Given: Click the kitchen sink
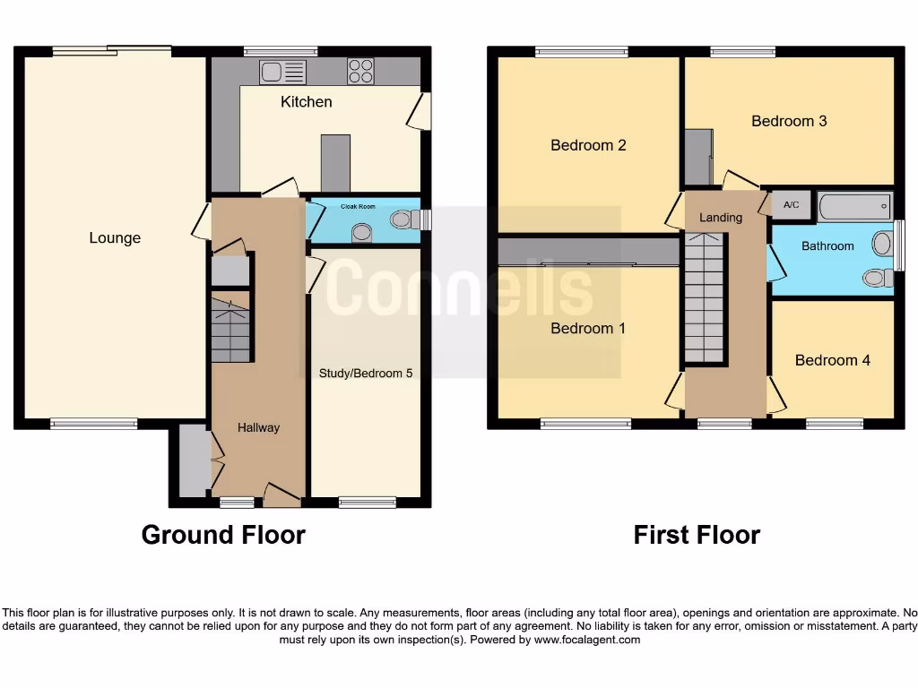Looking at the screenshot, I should click(x=282, y=72).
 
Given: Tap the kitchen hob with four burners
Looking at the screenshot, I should click(x=360, y=71).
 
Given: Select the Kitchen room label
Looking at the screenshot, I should click(x=307, y=102).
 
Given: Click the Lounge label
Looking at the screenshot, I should click(x=115, y=238).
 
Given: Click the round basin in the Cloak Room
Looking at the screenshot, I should click(x=362, y=233).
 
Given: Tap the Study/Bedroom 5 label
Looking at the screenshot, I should click(x=366, y=373).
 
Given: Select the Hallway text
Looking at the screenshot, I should click(x=258, y=428).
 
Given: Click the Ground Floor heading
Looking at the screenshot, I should click(x=223, y=535).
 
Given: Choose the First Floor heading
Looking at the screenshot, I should click(x=697, y=535).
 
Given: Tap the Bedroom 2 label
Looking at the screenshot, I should click(x=588, y=145).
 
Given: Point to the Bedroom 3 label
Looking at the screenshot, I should click(x=789, y=121).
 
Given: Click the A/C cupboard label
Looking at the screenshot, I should click(x=791, y=205).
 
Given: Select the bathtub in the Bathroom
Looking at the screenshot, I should click(x=855, y=206).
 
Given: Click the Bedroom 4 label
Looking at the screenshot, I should click(x=832, y=360).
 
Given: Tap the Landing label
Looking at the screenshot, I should click(x=721, y=218).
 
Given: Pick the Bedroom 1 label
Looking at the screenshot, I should click(x=588, y=329).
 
